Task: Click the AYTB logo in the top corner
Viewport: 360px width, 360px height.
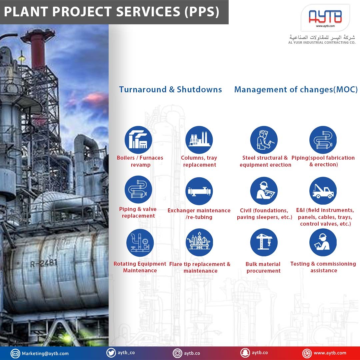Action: click(x=325, y=17)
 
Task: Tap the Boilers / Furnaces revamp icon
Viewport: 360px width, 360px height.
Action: click(x=138, y=140)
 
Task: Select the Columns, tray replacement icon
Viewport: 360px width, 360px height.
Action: click(x=199, y=140)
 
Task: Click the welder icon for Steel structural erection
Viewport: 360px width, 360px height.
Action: click(x=264, y=140)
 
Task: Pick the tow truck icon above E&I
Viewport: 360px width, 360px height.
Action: click(x=323, y=191)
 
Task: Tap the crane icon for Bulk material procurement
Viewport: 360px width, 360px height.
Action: click(x=264, y=242)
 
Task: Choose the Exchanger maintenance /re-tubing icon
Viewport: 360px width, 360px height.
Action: click(x=199, y=191)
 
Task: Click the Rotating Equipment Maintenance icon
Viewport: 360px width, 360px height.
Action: click(x=140, y=243)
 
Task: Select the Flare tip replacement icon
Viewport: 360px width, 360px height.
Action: click(x=199, y=242)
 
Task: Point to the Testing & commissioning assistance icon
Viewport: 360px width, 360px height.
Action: click(x=323, y=242)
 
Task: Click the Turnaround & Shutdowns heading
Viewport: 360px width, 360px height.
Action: click(x=170, y=89)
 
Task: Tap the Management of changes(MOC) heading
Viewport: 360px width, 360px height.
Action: click(x=296, y=90)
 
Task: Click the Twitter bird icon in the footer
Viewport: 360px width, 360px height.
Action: click(x=111, y=353)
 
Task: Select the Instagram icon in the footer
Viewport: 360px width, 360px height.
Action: click(x=177, y=353)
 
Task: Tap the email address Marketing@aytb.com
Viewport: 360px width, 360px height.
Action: click(x=45, y=354)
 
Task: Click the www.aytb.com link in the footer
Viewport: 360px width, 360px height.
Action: click(x=330, y=353)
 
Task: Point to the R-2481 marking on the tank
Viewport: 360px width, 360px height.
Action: click(x=44, y=263)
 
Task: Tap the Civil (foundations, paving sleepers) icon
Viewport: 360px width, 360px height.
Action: click(x=264, y=191)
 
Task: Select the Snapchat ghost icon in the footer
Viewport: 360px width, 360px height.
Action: click(x=245, y=353)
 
